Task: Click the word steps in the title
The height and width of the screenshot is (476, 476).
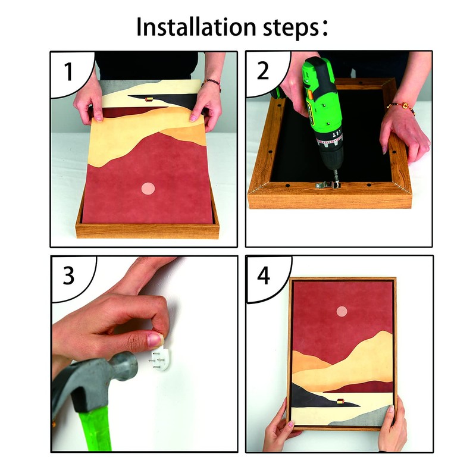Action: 290,29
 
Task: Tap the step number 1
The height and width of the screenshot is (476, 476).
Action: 68,71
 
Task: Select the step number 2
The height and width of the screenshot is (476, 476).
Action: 263,70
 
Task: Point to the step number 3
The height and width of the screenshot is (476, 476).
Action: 68,275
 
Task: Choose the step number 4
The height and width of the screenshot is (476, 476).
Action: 264,275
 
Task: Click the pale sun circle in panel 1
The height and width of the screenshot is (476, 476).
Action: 148,189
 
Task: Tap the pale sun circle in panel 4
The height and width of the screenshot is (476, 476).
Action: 342,311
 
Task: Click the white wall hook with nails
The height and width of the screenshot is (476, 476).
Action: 161,359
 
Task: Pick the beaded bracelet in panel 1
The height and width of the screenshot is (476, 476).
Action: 211,83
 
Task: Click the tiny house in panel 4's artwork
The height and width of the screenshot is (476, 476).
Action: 340,401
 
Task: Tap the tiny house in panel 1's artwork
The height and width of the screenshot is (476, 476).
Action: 148,99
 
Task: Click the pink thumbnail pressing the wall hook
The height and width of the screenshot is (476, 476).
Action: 155,340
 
